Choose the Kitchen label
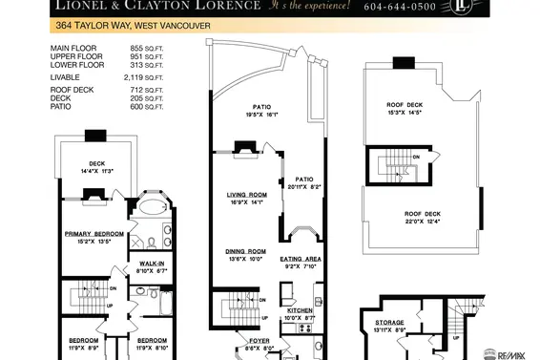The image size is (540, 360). pyautogui.click(x=301, y=311)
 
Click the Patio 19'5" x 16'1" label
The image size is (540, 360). pyautogui.click(x=263, y=108)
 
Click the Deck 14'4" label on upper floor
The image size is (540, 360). pyautogui.click(x=96, y=163)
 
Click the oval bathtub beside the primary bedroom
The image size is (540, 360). pyautogui.click(x=150, y=208)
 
